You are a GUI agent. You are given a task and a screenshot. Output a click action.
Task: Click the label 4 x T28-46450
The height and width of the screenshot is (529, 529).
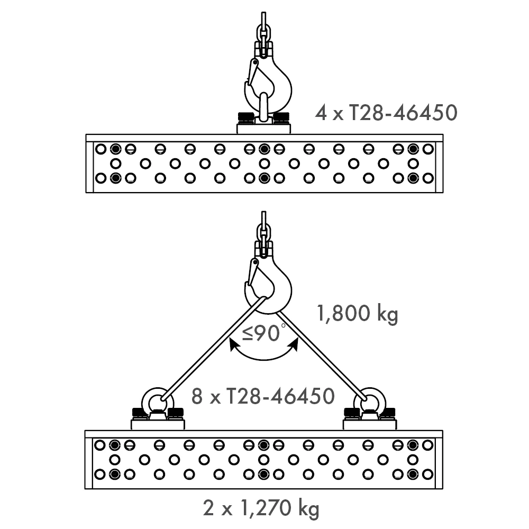point(386,113)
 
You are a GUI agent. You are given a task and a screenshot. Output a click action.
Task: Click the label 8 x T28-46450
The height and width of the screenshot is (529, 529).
point(263,396)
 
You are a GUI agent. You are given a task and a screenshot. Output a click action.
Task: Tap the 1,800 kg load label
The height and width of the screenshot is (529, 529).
point(357,314)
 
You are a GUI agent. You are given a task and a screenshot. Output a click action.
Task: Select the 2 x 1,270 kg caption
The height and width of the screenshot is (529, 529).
point(261,509)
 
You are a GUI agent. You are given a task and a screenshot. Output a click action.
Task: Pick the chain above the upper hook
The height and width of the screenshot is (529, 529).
point(263,29)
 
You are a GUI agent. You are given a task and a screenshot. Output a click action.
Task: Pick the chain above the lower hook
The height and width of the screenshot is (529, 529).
point(263,230)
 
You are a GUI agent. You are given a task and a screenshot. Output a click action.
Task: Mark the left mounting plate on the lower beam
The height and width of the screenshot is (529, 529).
point(158,424)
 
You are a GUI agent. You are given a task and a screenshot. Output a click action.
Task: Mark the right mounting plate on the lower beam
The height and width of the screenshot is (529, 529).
point(369,424)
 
